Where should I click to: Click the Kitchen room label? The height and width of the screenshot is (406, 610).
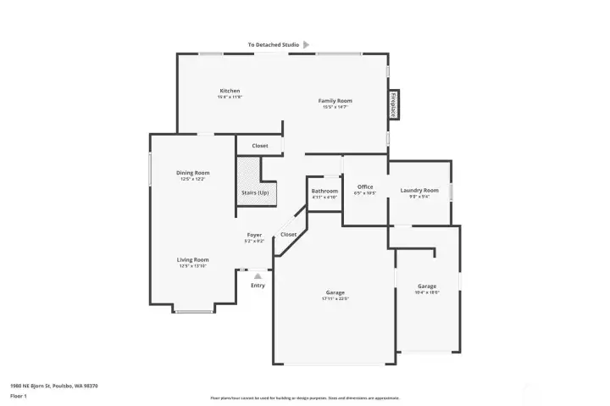tap(230, 91)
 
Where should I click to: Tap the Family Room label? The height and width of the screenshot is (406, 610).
tap(335, 101)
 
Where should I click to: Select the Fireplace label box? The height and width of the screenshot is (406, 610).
tap(394, 104)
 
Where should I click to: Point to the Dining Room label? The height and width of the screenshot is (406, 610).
tap(192, 173)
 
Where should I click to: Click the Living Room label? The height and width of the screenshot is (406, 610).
tap(192, 260)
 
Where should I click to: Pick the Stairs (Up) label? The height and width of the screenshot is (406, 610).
tap(255, 192)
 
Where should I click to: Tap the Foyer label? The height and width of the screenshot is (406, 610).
tap(254, 235)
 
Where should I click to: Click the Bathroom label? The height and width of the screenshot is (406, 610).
tap(324, 192)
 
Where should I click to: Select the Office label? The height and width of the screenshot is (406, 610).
tap(365, 186)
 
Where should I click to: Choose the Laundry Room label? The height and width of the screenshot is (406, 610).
tap(419, 190)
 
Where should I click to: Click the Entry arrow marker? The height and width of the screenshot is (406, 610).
tap(258, 275)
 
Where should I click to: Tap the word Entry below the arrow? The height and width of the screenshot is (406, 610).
tap(258, 286)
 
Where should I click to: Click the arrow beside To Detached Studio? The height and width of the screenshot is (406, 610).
tap(306, 44)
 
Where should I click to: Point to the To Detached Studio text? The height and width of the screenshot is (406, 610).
tap(273, 44)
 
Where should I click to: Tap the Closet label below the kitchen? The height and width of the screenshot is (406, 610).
tap(260, 146)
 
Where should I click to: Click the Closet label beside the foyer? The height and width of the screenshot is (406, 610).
tap(289, 235)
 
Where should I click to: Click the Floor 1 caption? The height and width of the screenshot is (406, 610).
tap(19, 396)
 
